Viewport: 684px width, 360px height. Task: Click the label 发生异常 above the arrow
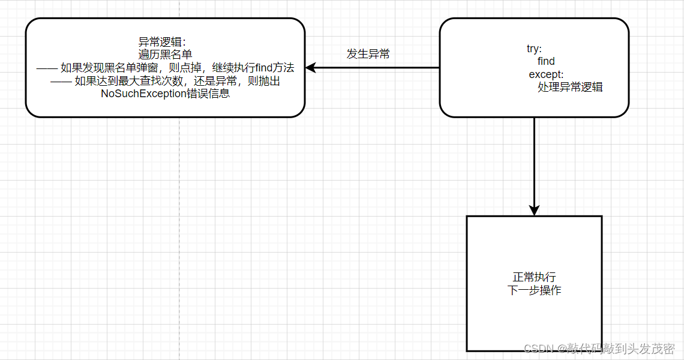[368, 54]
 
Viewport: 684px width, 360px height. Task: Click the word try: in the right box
[534, 49]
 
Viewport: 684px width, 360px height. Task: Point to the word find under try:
[546, 61]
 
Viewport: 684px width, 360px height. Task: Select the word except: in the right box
[546, 74]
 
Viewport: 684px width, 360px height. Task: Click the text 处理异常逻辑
[570, 87]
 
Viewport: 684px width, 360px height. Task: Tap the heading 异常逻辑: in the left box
[163, 42]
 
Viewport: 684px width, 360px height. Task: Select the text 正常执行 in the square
[534, 277]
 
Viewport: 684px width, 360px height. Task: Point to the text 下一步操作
[534, 290]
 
